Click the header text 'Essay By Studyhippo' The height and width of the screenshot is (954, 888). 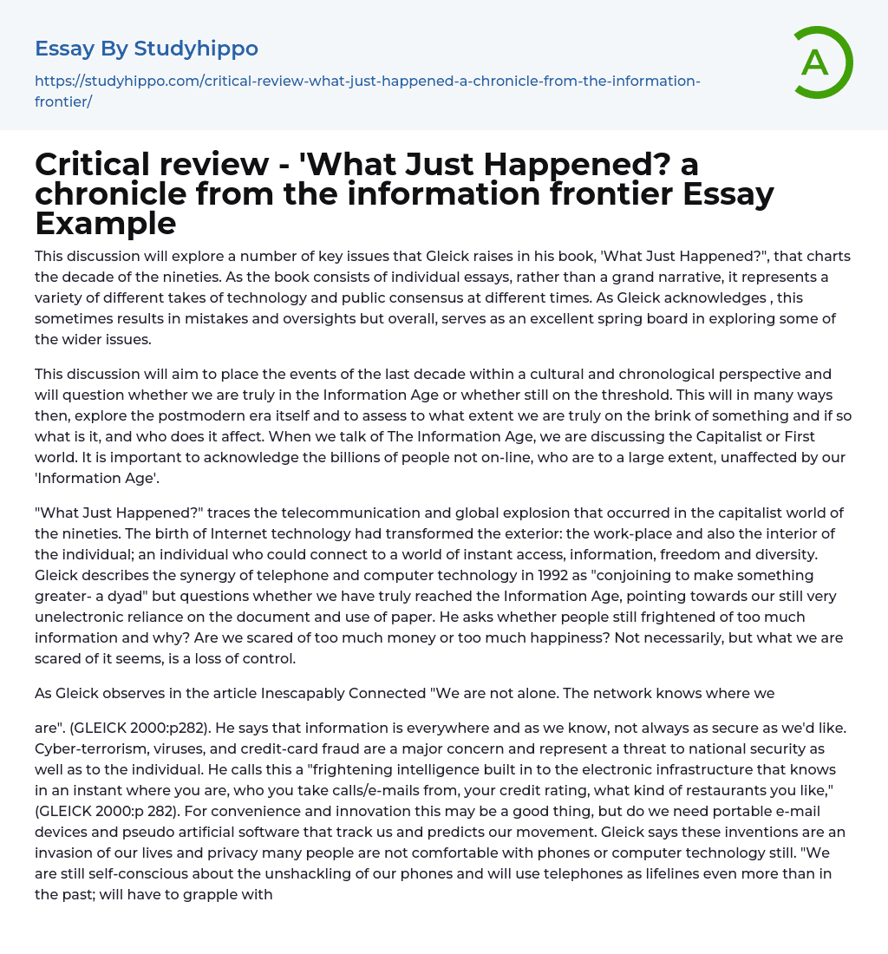[147, 49]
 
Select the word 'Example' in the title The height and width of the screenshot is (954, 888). [106, 223]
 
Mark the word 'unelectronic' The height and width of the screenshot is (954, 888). [77, 617]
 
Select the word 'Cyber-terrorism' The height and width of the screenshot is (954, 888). [89, 748]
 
